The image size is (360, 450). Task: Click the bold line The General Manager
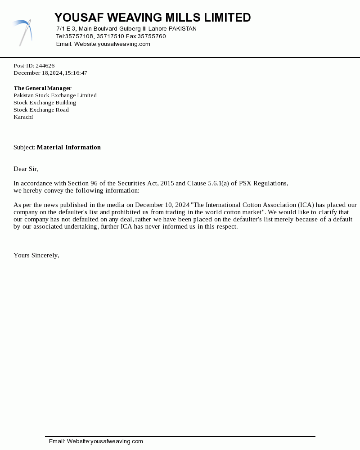(42, 88)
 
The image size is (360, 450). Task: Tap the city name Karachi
(23, 117)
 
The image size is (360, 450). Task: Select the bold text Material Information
(69, 147)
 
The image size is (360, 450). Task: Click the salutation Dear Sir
(26, 169)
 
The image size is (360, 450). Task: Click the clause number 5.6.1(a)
(218, 183)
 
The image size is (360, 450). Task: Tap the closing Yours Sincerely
(36, 255)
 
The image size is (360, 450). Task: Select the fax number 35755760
(152, 36)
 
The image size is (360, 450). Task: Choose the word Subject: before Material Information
(24, 147)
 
